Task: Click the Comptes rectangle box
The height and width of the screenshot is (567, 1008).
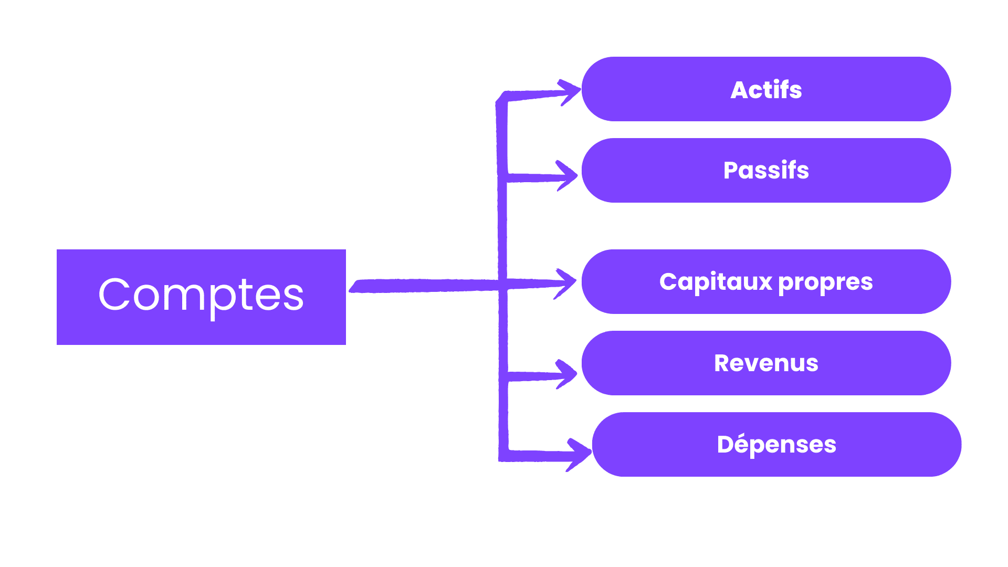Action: click(x=201, y=297)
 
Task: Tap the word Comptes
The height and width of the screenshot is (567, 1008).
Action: click(x=201, y=297)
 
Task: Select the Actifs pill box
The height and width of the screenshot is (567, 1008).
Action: click(x=766, y=89)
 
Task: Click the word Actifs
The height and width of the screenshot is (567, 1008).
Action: click(x=766, y=90)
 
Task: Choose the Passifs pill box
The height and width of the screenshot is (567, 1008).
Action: click(x=766, y=170)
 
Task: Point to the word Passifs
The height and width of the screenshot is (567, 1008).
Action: click(x=766, y=170)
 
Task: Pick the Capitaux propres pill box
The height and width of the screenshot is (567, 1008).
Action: click(x=766, y=281)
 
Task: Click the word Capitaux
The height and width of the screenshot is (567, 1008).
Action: click(x=716, y=282)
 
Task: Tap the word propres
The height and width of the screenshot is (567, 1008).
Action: click(x=825, y=283)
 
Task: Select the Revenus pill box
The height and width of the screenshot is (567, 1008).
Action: click(x=766, y=363)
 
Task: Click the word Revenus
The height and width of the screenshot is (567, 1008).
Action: click(x=766, y=363)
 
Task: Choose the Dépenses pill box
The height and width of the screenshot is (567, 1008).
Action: click(x=776, y=444)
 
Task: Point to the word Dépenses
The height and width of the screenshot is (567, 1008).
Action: click(x=776, y=445)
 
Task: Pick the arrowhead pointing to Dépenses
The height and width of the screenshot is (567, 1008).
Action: click(x=580, y=454)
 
